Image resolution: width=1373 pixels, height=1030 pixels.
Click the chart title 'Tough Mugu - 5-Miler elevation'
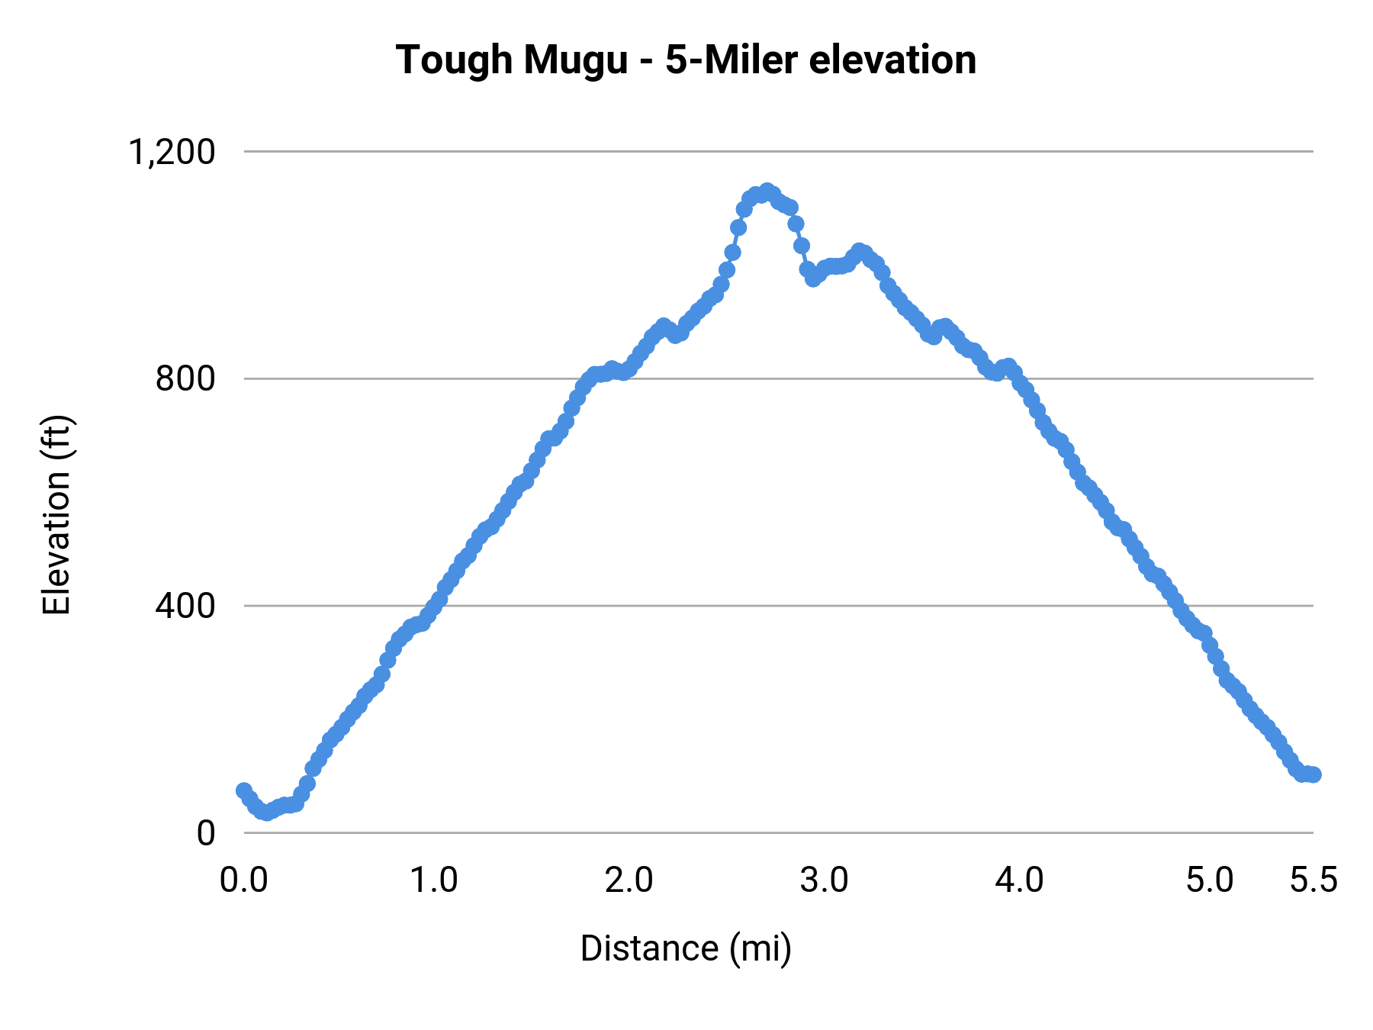[x=686, y=60]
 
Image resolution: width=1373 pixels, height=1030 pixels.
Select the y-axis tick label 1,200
[x=172, y=152]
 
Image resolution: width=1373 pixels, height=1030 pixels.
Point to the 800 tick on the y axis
[x=185, y=378]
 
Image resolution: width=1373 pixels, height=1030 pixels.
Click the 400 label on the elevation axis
[x=185, y=606]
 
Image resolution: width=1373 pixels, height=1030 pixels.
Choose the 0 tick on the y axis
[x=206, y=833]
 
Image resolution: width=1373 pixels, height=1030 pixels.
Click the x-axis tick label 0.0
[x=244, y=880]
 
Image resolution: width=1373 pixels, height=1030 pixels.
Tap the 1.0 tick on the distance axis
[x=434, y=880]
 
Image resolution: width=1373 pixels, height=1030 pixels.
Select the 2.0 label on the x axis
[x=629, y=880]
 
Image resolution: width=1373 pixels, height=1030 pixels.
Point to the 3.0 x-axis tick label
[x=825, y=880]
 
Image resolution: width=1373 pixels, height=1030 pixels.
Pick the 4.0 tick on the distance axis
[x=1020, y=880]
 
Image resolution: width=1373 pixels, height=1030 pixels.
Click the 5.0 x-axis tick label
[x=1210, y=880]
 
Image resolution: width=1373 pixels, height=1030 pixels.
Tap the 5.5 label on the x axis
[x=1314, y=880]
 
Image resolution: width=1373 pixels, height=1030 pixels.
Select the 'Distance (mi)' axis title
[x=686, y=948]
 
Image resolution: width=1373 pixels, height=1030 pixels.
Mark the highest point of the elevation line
[x=767, y=191]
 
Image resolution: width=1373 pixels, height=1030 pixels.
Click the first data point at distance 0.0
[x=244, y=790]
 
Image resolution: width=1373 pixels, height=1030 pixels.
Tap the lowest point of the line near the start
[x=266, y=813]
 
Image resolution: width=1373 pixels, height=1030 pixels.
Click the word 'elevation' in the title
[x=892, y=60]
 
